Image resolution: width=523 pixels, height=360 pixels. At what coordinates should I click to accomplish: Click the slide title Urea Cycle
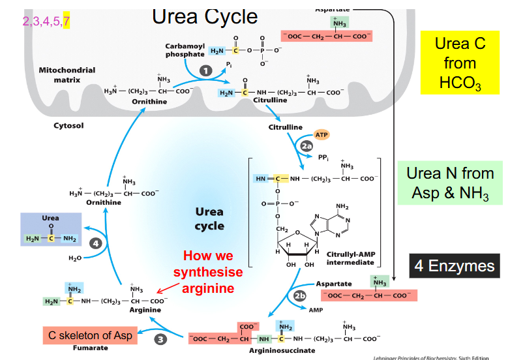click(x=205, y=17)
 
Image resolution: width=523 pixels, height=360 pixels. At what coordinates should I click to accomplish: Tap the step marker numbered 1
click(x=206, y=70)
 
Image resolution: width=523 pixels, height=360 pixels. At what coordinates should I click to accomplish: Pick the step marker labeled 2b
click(x=300, y=295)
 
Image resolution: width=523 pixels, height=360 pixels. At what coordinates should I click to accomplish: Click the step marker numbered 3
click(x=160, y=338)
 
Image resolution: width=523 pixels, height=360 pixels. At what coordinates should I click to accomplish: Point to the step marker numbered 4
click(x=97, y=243)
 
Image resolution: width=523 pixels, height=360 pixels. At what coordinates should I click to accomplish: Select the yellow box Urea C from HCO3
click(x=460, y=63)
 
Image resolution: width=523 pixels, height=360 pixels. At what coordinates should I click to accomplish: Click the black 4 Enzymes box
click(x=455, y=266)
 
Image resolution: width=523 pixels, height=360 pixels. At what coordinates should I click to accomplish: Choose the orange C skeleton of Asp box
click(x=90, y=335)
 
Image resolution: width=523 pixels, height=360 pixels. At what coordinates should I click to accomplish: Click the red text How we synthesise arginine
click(x=207, y=271)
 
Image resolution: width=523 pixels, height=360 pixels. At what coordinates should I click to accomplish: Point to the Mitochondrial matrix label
click(x=67, y=74)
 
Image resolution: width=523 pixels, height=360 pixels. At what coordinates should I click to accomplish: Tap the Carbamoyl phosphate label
click(x=185, y=50)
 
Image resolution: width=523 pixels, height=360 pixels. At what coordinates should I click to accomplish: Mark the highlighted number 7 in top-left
click(x=66, y=22)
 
